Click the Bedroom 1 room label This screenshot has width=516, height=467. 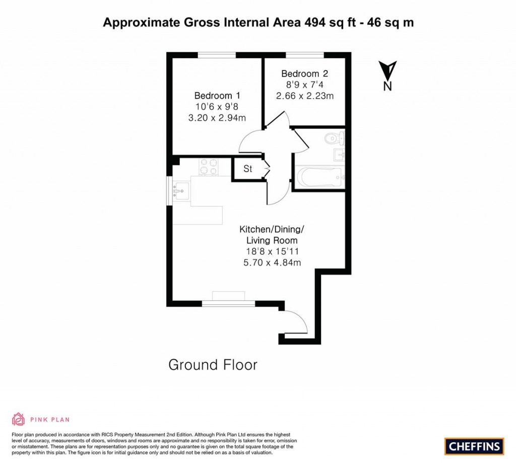point(217,96)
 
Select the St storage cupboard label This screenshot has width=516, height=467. point(248,169)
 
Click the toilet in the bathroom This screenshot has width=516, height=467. point(335,138)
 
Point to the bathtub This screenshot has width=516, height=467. point(319,177)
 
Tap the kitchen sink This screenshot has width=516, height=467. point(181,191)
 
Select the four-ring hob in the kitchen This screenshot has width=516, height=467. point(208,167)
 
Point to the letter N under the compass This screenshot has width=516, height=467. point(388,86)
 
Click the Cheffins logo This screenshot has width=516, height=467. point(474,446)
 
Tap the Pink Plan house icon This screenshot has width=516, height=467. point(19,419)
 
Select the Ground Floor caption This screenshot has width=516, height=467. point(213,365)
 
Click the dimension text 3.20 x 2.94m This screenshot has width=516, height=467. point(217,118)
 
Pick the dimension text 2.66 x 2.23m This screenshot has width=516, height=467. point(304,96)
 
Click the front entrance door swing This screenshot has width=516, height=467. point(296,322)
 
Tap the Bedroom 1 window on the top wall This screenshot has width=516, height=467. point(213,55)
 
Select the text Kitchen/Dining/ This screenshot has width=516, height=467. point(272,229)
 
